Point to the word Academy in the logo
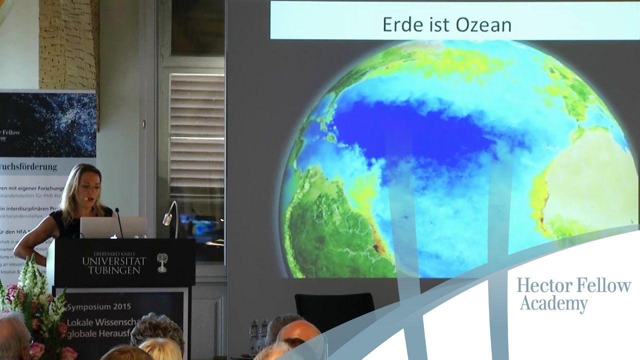pyautogui.click(x=553, y=303)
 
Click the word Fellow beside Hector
pyautogui.click(x=603, y=285)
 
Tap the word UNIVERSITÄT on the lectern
pyautogui.click(x=114, y=261)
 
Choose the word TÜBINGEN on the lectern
pyautogui.click(x=114, y=270)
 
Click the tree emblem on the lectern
pyautogui.click(x=162, y=262)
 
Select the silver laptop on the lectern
pyautogui.click(x=113, y=227)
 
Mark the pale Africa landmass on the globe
pyautogui.click(x=590, y=190)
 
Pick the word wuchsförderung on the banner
pyautogui.click(x=30, y=166)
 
